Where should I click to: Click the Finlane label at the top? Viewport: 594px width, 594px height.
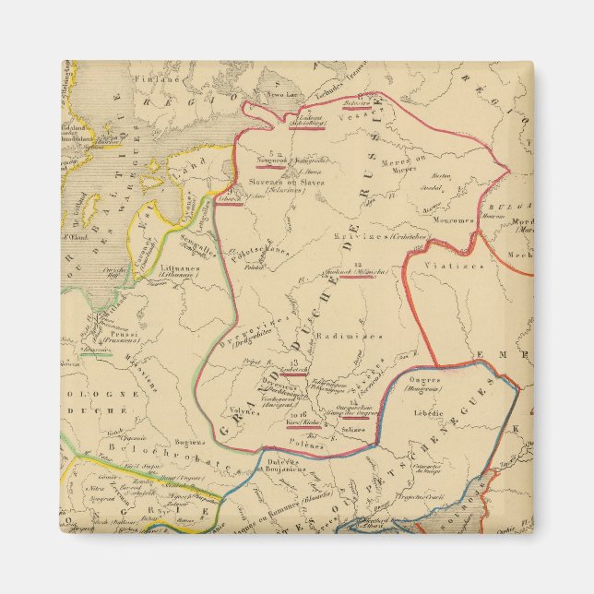(153, 79)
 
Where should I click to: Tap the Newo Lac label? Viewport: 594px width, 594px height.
(279, 94)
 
